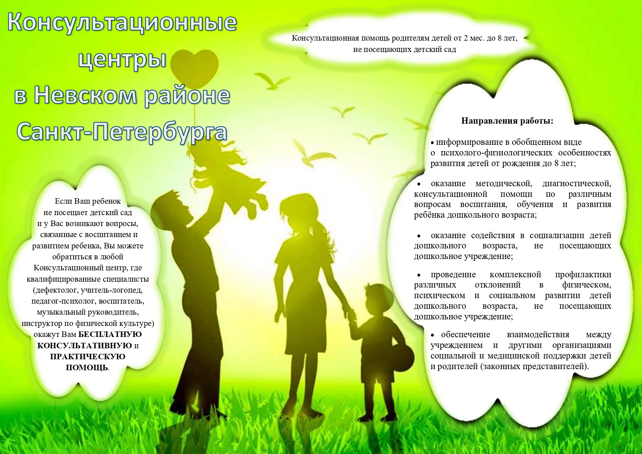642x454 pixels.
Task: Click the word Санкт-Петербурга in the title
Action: point(122,131)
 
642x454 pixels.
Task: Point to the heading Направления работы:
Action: point(507,121)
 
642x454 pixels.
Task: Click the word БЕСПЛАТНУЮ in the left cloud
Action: point(110,334)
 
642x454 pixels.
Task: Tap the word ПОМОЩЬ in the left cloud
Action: point(87,367)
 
